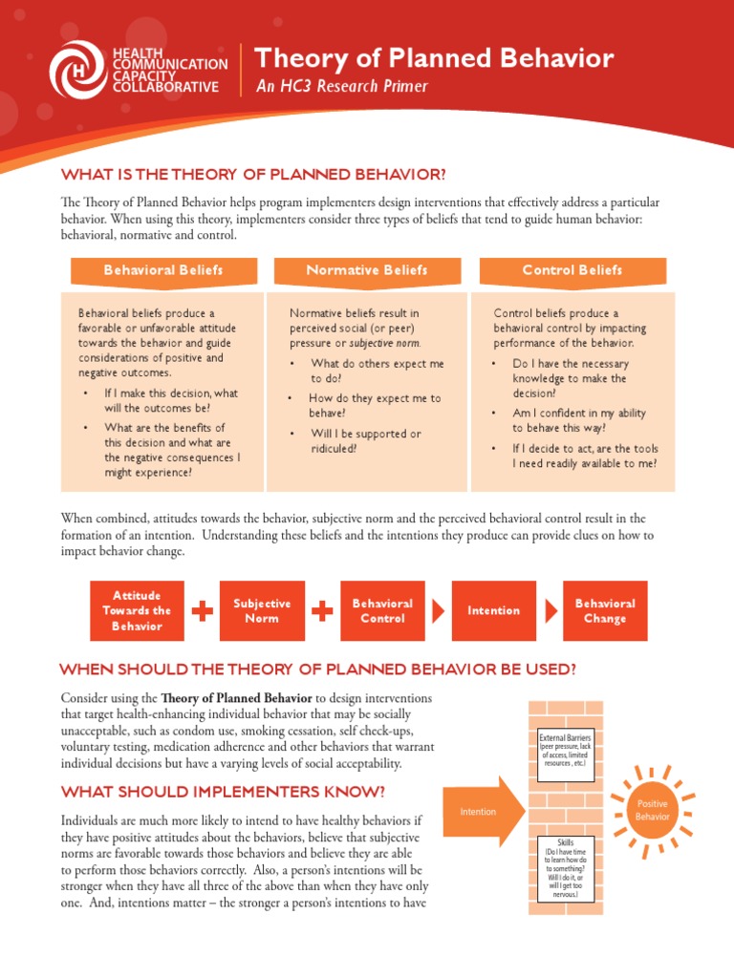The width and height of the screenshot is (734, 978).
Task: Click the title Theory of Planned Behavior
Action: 434,58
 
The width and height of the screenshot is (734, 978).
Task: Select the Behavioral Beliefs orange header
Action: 163,270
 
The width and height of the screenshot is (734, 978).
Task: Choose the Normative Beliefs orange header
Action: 367,270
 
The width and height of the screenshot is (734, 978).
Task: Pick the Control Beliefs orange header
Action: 572,270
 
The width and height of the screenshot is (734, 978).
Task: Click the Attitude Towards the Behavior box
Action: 137,610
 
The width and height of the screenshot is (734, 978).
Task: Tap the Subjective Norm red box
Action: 262,610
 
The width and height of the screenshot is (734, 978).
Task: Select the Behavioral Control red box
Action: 382,610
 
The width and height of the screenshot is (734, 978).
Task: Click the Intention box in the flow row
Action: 493,610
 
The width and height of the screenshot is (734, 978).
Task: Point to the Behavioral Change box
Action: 605,610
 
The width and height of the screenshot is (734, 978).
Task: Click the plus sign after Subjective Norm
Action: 322,610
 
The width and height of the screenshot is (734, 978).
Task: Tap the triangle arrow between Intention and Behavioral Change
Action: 552,610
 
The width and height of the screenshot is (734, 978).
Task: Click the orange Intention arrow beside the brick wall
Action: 482,812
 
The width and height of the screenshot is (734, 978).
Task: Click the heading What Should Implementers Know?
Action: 223,792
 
